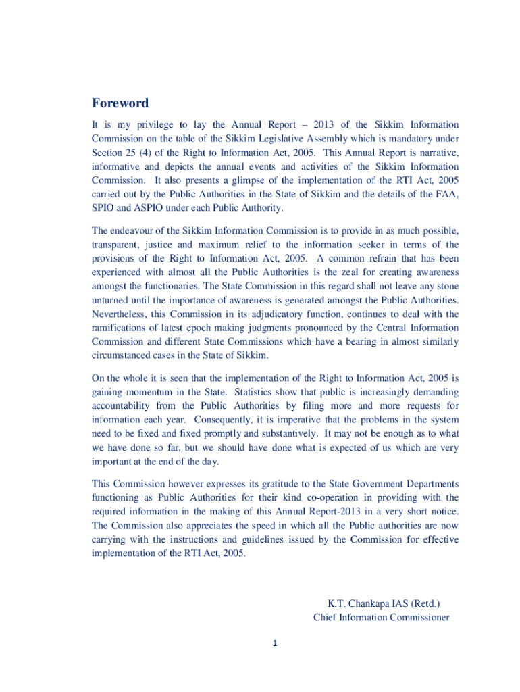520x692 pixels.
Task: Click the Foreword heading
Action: coord(120,103)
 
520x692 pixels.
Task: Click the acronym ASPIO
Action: coord(143,207)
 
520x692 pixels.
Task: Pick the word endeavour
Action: coord(135,231)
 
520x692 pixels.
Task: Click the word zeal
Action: coord(340,272)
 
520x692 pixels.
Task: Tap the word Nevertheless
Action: coord(120,314)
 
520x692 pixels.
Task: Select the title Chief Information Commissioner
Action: coord(381,617)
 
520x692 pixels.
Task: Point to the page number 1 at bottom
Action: coord(276,643)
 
